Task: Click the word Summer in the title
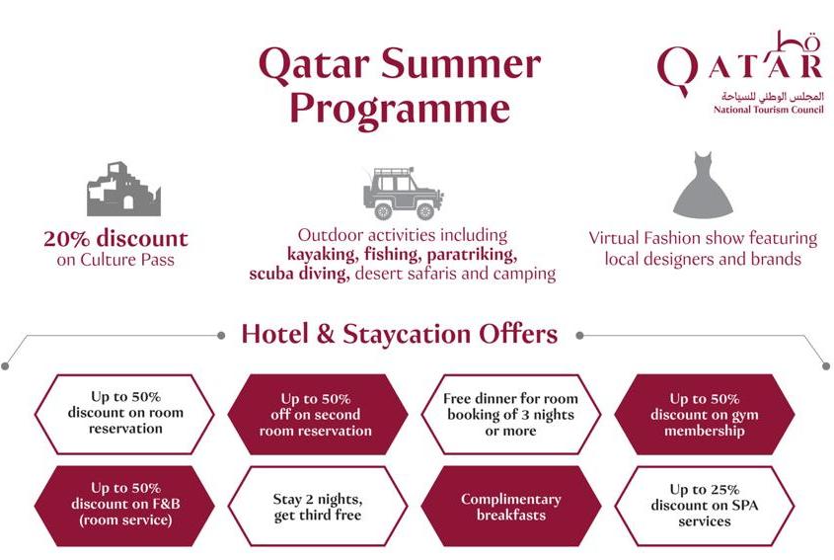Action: (461, 64)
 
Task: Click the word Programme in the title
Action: (400, 109)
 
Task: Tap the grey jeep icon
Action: (403, 194)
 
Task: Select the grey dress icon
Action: (703, 186)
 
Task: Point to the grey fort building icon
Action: (123, 189)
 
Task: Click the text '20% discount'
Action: (115, 239)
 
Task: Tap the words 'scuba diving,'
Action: (299, 274)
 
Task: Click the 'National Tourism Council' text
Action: (768, 110)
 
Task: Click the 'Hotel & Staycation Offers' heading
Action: (400, 334)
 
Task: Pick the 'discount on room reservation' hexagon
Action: (124, 414)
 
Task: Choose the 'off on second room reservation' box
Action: (317, 414)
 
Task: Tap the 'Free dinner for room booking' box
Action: (510, 414)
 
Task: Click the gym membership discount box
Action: (705, 414)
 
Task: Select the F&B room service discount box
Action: (124, 506)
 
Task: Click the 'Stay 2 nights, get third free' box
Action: (317, 507)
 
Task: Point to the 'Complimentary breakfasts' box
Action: (510, 507)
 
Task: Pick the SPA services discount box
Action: (705, 507)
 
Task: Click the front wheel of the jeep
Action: (425, 210)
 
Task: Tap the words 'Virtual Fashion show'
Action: (666, 238)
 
